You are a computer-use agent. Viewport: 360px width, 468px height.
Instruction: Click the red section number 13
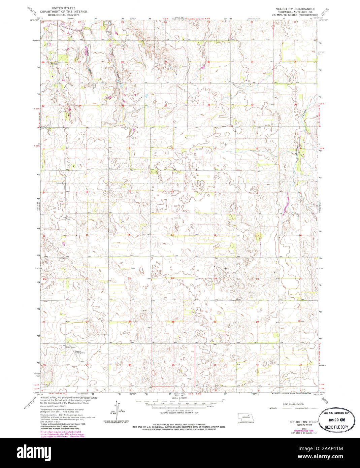[172, 235]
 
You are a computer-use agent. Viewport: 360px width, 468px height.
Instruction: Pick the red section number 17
[258, 235]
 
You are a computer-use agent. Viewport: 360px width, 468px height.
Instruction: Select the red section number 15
[87, 235]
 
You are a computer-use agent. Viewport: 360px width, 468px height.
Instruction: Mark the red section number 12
[172, 192]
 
